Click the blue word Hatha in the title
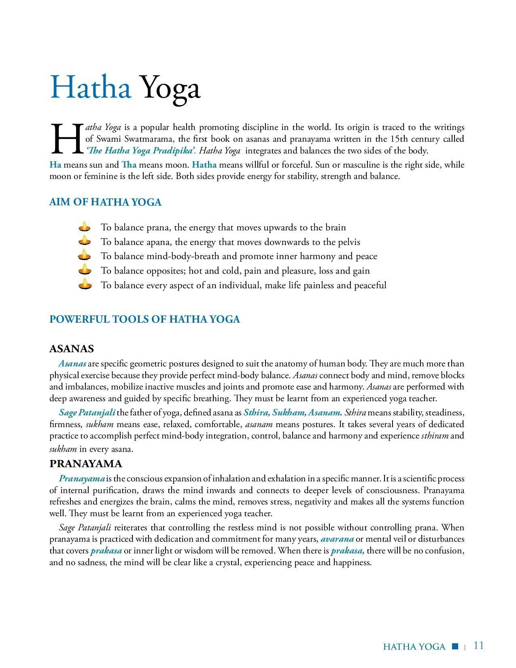(x=90, y=87)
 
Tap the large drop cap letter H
(x=66, y=139)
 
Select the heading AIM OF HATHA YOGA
(x=105, y=202)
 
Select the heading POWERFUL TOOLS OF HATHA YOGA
(x=144, y=319)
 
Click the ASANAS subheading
(x=72, y=349)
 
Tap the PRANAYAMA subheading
(x=86, y=464)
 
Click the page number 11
(x=478, y=645)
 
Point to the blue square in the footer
(x=455, y=646)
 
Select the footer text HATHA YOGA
(x=414, y=647)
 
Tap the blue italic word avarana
(x=337, y=539)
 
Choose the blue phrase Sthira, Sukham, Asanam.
(x=293, y=413)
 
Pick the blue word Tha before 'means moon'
(x=129, y=165)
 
